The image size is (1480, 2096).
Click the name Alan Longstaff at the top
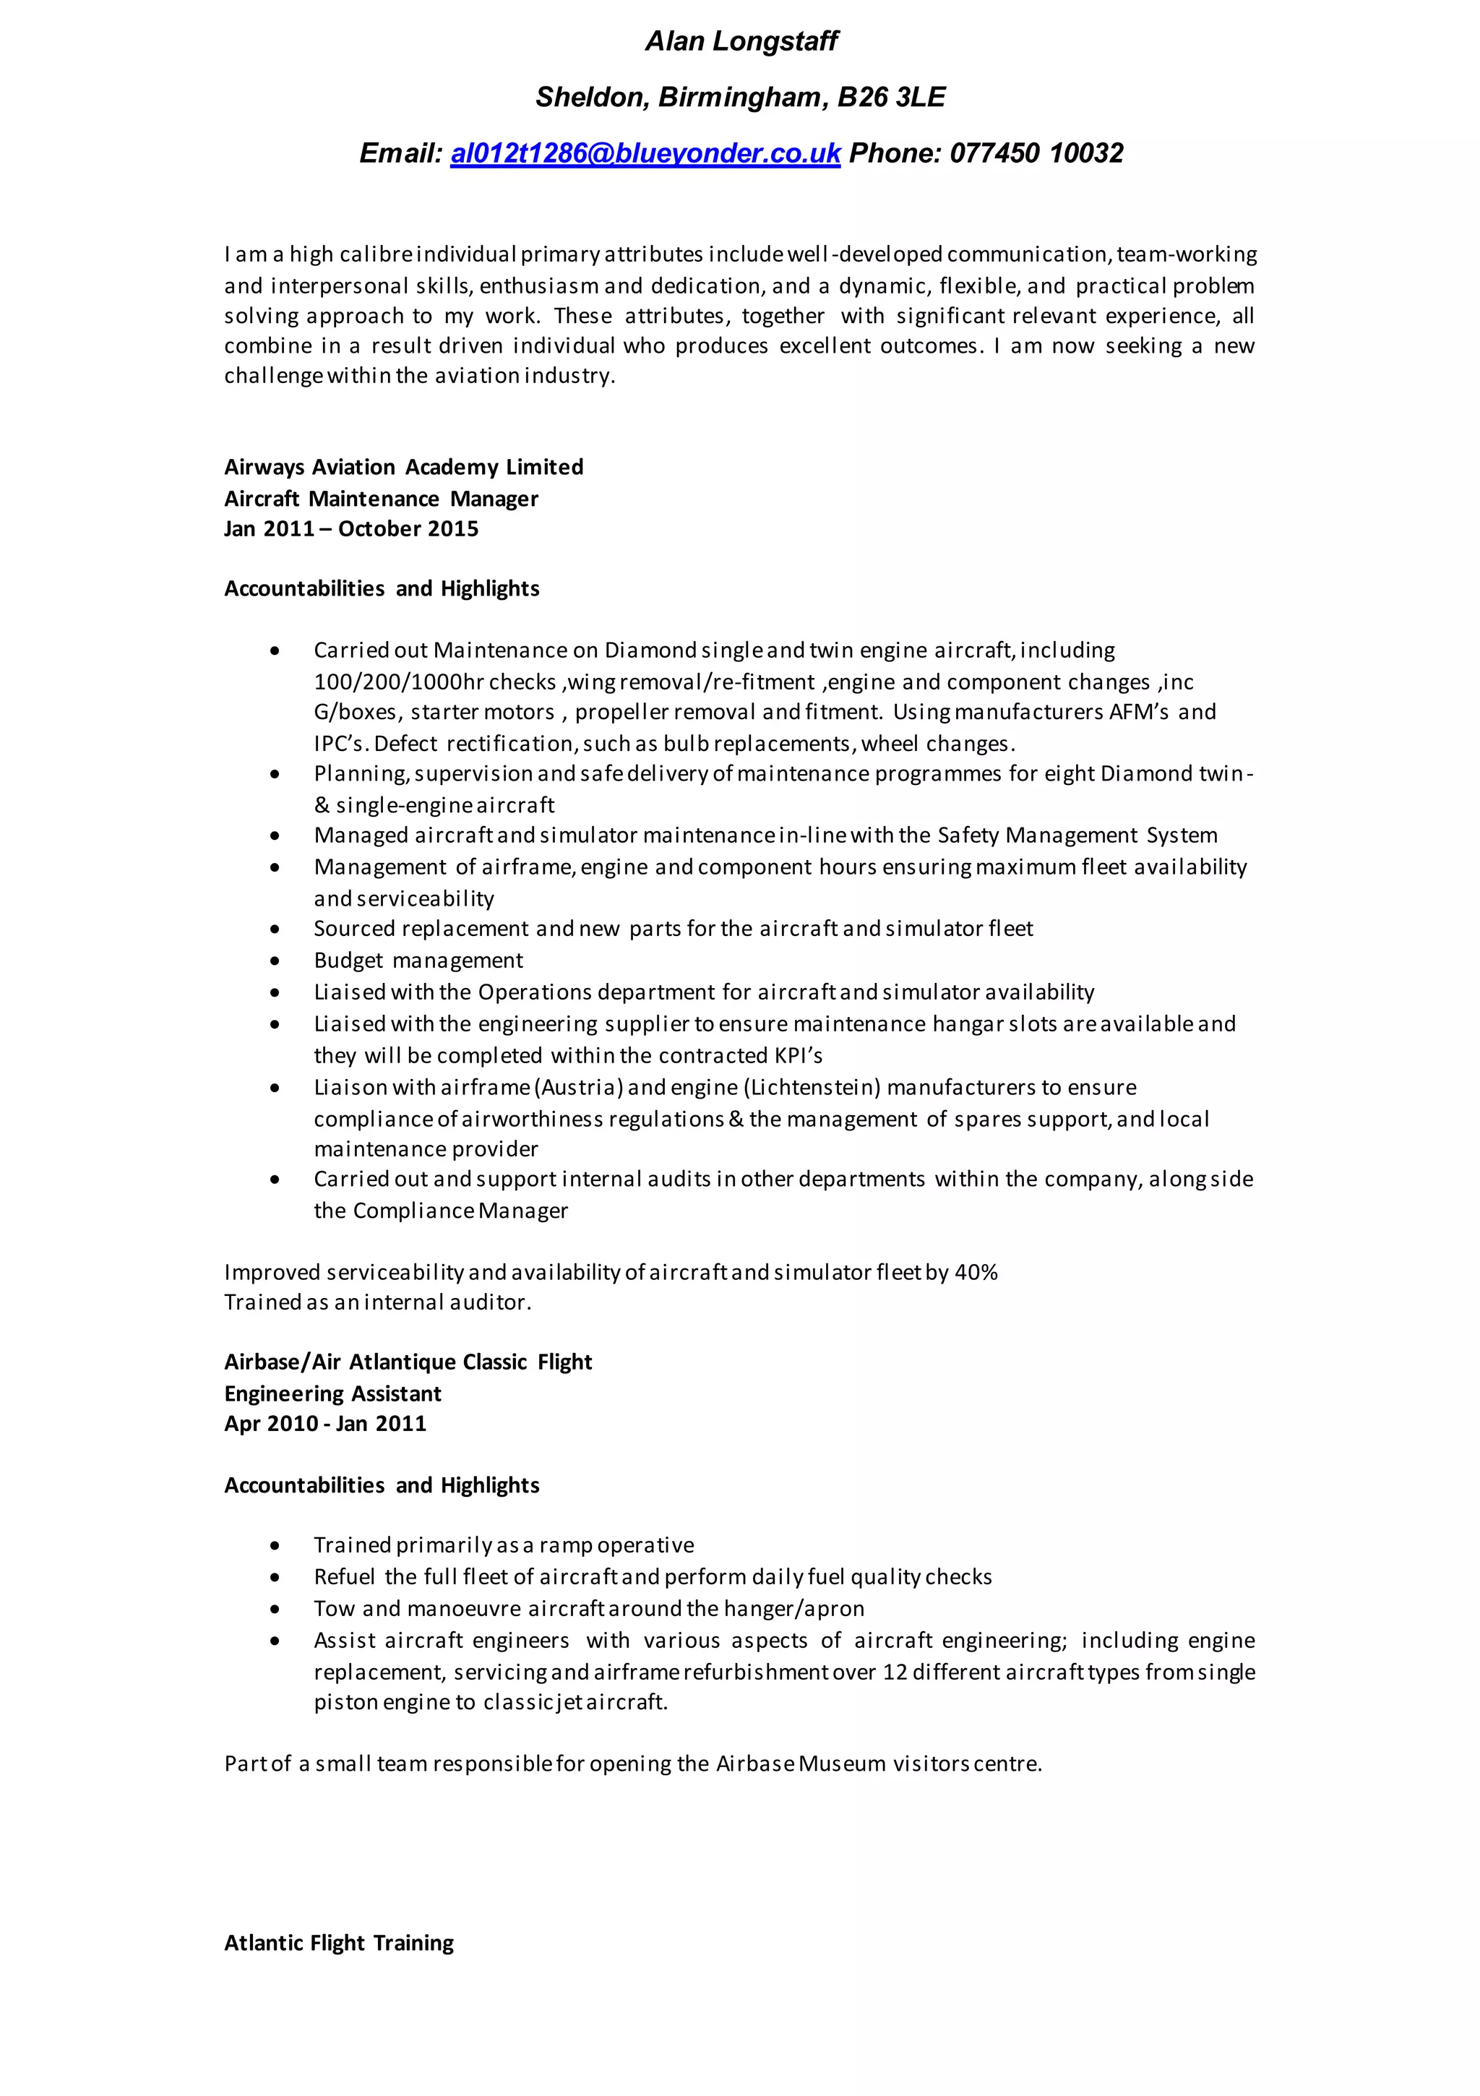(x=741, y=41)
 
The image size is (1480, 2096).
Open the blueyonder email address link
(x=645, y=153)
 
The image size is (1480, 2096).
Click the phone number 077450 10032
(x=1036, y=153)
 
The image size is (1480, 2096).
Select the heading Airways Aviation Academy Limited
(x=403, y=468)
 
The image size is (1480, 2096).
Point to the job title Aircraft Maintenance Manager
(x=381, y=499)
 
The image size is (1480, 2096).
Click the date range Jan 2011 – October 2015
(x=351, y=528)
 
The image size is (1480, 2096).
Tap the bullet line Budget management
(x=418, y=961)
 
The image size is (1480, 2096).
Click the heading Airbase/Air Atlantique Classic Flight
(x=408, y=1362)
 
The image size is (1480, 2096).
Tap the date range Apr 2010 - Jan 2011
(x=325, y=1424)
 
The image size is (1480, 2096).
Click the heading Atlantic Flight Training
(x=339, y=1943)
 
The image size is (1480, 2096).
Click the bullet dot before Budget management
(x=275, y=961)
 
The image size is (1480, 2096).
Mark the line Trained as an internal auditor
(x=378, y=1302)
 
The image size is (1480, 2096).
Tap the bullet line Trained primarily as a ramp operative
(x=503, y=1545)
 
